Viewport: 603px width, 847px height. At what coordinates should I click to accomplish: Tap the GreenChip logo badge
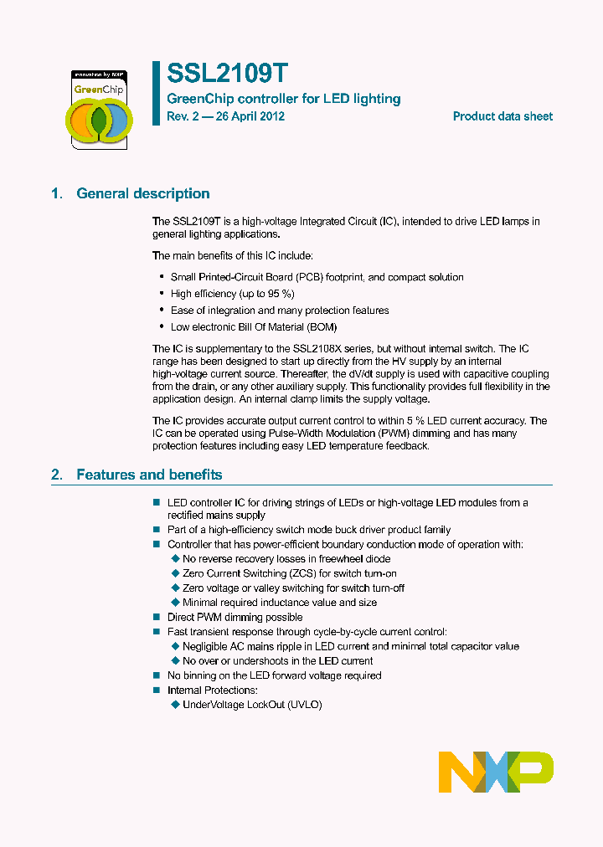99,109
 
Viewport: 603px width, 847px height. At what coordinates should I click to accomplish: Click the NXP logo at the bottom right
496,772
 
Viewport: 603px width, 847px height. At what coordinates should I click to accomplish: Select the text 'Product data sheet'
502,116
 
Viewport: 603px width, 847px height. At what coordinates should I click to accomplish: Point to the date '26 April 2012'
250,116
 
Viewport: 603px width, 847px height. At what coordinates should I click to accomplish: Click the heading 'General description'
143,193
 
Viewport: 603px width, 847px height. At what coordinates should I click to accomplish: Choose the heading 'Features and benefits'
149,475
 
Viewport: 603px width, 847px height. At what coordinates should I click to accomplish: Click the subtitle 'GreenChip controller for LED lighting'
284,99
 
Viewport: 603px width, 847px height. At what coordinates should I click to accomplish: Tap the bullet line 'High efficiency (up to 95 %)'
232,294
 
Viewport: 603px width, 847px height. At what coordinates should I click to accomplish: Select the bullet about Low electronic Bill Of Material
254,327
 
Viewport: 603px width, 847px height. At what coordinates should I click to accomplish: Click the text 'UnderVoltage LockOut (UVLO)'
252,705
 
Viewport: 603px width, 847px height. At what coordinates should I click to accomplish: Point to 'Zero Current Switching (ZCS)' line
289,573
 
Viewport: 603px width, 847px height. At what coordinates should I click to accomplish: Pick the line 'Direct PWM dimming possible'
234,617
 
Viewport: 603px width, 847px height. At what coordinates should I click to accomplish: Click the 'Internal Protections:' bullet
213,690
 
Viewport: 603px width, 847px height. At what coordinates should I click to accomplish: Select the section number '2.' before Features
57,475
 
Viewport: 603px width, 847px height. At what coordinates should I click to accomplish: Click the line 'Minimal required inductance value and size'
279,602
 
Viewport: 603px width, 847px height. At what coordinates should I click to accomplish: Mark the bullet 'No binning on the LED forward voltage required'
274,675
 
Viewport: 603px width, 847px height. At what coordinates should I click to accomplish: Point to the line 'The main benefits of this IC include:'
233,255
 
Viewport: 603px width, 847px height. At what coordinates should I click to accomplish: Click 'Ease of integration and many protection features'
280,311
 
